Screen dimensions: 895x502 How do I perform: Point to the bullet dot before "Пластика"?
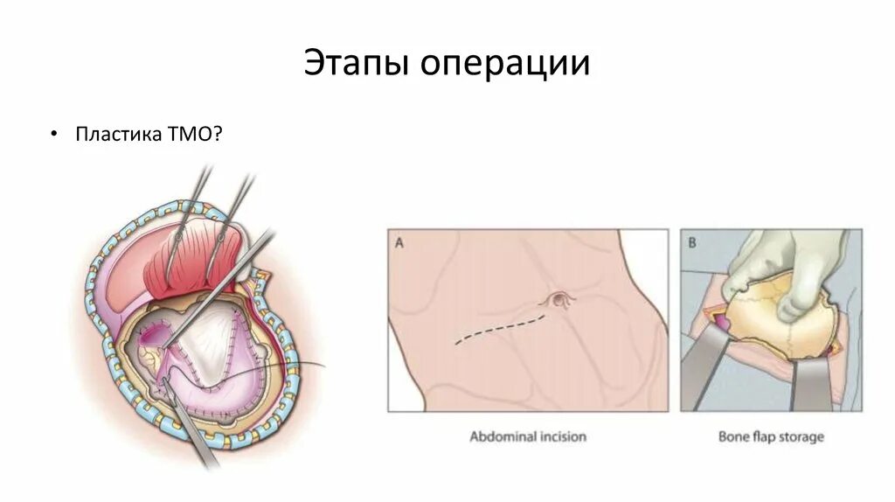53,136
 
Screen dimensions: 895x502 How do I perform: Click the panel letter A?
399,243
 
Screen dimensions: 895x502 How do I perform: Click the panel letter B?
691,243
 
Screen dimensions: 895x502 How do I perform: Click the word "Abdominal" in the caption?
503,436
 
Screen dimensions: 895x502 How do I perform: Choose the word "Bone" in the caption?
734,436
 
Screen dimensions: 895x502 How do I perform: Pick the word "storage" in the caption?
804,436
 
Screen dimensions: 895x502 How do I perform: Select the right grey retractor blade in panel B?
810,385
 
